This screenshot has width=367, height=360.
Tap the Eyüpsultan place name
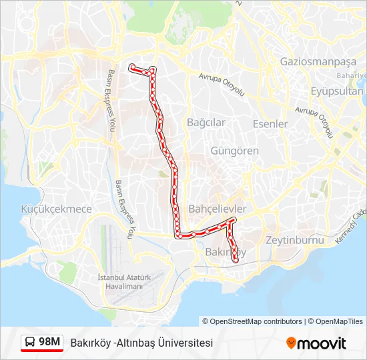[x=337, y=91]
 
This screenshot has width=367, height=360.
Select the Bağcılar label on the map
[x=206, y=123]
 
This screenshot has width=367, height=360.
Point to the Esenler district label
[x=270, y=124]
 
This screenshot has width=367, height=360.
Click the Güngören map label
[x=234, y=151]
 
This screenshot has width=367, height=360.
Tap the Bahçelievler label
[x=218, y=209]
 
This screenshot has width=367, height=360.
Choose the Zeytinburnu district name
[x=294, y=240]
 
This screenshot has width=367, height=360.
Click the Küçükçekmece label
[x=56, y=209]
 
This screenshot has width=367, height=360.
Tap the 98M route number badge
[x=49, y=342]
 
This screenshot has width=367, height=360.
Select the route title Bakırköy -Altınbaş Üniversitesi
[x=141, y=343]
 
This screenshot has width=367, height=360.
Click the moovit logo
[x=316, y=343]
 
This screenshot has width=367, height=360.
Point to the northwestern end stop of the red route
[x=131, y=66]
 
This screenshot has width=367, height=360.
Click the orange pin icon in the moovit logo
[x=291, y=343]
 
